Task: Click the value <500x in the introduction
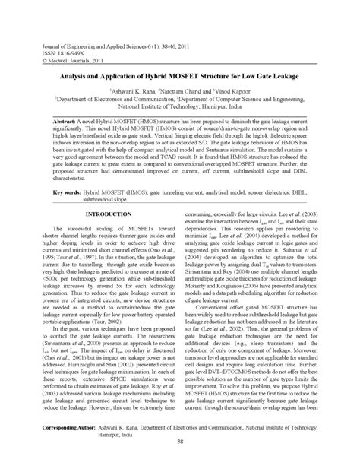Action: click(x=69, y=281)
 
